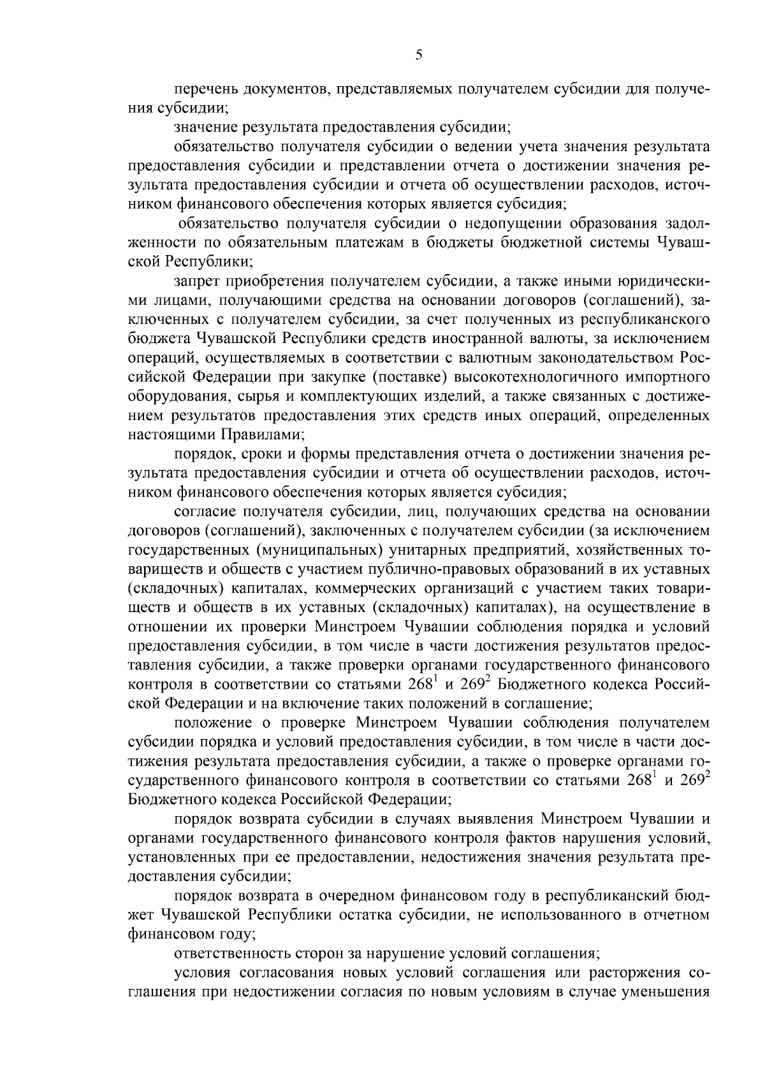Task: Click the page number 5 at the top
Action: coord(419,55)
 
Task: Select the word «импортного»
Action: coord(671,377)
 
